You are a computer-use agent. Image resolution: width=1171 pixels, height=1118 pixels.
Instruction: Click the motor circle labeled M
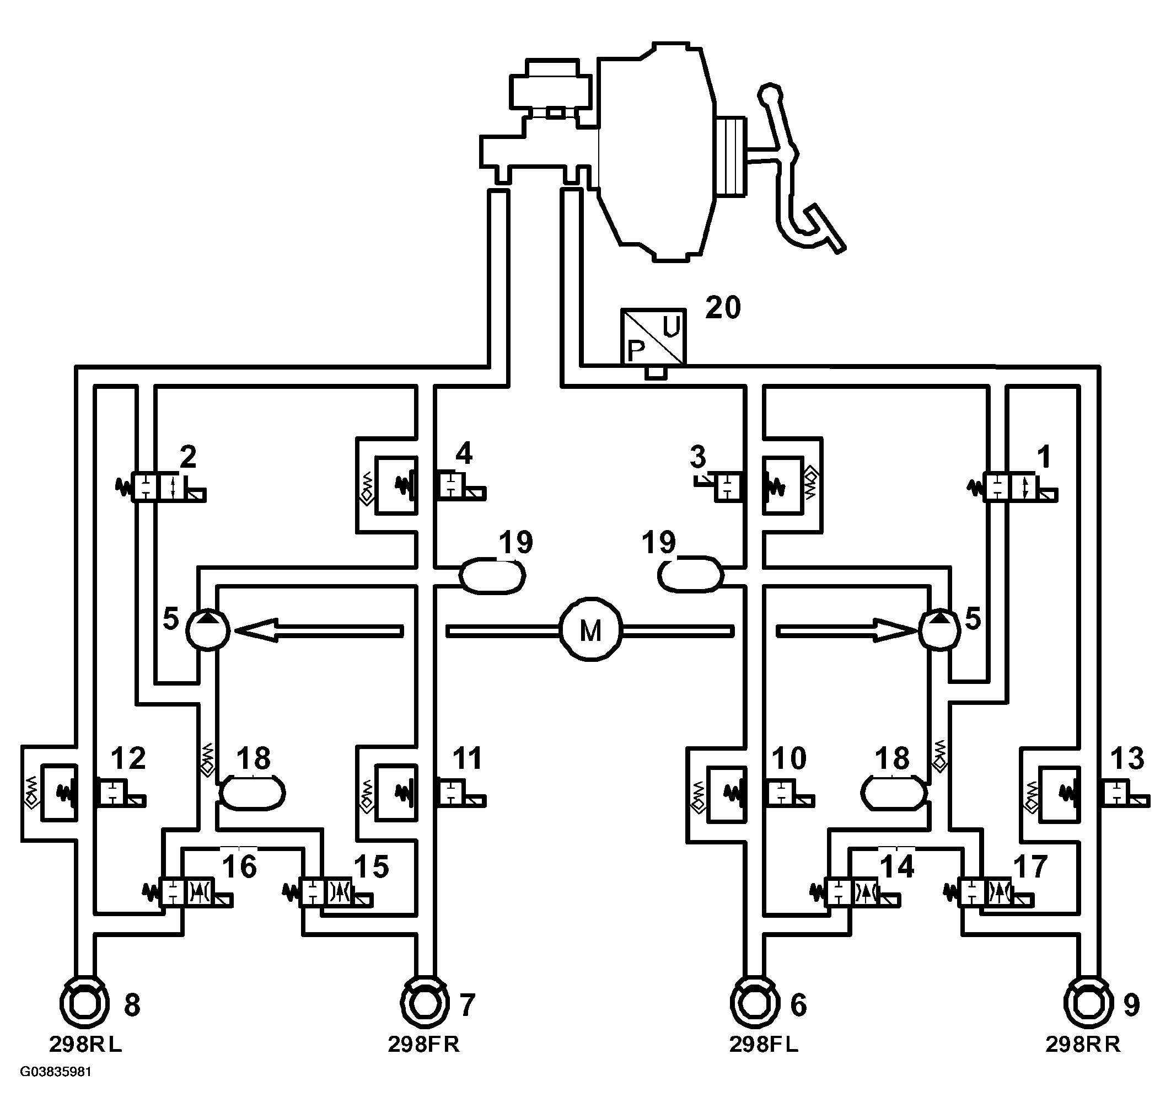[590, 630]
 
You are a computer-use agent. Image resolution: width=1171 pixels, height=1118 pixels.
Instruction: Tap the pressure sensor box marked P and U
[653, 335]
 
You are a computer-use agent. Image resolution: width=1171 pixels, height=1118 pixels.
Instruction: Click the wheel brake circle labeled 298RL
[84, 1003]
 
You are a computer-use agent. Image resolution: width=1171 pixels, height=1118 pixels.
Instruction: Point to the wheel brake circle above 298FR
[424, 1003]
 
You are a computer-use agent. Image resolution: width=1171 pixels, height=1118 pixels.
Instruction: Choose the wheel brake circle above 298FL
[755, 1003]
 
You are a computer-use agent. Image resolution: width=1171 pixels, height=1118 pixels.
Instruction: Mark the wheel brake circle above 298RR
[1088, 1003]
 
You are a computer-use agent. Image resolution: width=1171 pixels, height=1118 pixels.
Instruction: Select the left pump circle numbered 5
[208, 630]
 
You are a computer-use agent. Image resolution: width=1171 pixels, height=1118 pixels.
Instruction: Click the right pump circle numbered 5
[939, 630]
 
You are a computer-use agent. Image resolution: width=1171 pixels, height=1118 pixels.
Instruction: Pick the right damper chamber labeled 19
[690, 575]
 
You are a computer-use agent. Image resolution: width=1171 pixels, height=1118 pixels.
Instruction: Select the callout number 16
[239, 866]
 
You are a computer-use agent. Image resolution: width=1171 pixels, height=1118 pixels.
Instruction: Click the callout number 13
[1126, 758]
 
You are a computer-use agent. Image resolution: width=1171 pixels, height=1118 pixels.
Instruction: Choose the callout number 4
[464, 454]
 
